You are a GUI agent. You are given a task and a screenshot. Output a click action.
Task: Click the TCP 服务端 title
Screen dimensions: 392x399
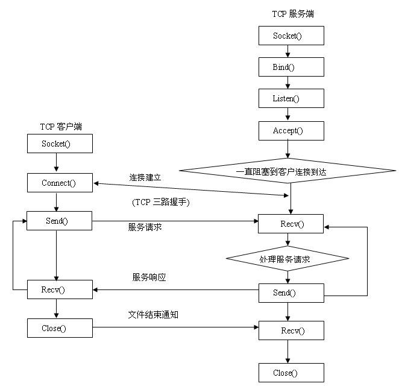click(293, 13)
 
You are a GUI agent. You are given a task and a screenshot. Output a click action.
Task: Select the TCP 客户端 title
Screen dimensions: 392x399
click(61, 126)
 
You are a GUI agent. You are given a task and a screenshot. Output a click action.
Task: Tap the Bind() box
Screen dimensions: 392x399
click(291, 66)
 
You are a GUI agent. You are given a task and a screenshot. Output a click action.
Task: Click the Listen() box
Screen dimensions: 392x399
click(291, 98)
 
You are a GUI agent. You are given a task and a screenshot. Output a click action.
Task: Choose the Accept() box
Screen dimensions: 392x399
click(291, 130)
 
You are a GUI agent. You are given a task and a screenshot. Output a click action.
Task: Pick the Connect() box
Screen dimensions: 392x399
click(60, 183)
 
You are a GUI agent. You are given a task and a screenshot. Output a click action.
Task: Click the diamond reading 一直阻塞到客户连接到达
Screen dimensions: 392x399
click(290, 171)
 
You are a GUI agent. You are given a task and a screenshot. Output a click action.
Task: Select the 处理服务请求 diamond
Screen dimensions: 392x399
click(287, 259)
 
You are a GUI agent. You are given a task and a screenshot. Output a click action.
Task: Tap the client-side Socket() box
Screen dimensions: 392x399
click(60, 144)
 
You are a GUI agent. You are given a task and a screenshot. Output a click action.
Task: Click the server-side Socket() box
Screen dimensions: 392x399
click(291, 36)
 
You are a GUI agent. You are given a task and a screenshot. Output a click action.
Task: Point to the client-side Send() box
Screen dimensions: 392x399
click(60, 221)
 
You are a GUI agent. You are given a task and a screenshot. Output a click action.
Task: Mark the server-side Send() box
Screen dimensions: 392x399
click(291, 292)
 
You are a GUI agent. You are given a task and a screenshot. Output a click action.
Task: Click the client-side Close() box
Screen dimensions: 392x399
click(60, 328)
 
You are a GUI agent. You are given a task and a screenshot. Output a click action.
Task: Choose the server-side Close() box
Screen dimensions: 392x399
click(291, 373)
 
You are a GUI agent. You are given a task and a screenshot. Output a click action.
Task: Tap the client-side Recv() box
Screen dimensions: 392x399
click(60, 289)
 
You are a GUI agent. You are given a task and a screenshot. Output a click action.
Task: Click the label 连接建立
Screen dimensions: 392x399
click(145, 178)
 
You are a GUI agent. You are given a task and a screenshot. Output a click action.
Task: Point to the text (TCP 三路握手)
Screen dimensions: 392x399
click(160, 203)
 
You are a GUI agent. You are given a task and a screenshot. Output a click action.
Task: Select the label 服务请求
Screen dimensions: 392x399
click(145, 227)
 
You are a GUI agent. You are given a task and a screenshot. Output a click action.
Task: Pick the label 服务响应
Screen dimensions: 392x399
click(149, 277)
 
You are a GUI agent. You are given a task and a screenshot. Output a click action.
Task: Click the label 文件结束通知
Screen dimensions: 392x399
click(153, 315)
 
